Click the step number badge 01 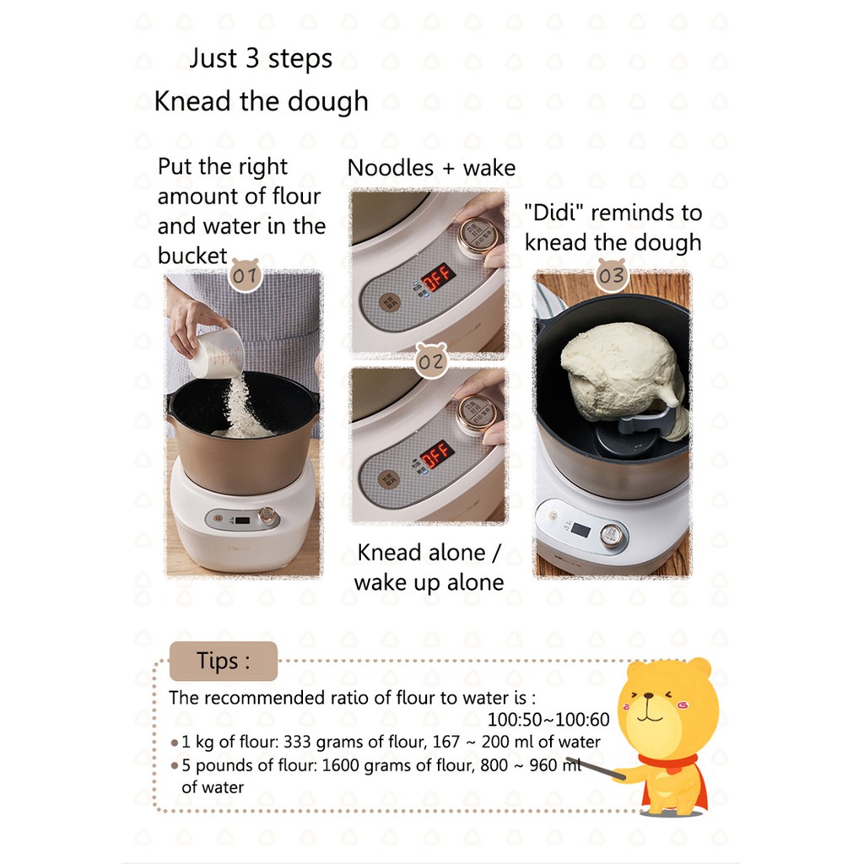246,274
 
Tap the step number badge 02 431,361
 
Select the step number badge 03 612,274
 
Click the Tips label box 223,661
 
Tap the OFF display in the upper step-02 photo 438,277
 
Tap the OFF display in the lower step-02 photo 438,454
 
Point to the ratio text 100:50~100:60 548,720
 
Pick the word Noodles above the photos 391,168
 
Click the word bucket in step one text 192,256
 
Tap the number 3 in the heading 252,58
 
